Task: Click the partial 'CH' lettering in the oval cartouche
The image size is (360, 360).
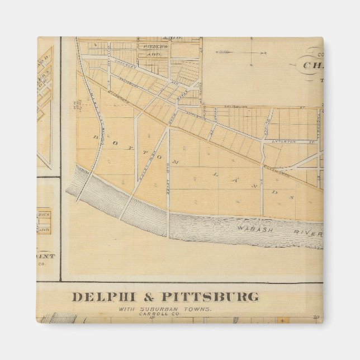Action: pos(312,65)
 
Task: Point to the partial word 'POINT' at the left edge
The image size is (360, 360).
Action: pos(46,256)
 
